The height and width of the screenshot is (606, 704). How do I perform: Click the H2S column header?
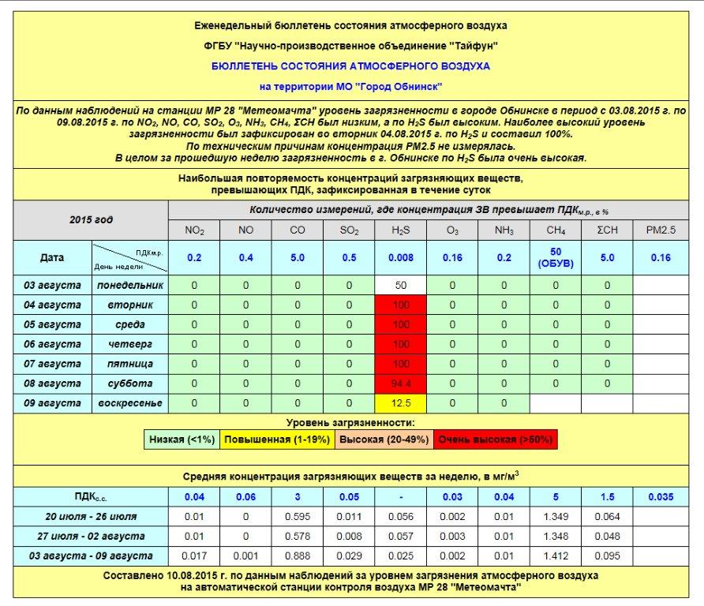[401, 230]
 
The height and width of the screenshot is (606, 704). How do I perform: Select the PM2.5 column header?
[660, 230]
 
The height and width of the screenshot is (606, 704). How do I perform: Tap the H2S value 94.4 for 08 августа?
[401, 383]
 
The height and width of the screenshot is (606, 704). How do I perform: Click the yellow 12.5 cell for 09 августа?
[401, 403]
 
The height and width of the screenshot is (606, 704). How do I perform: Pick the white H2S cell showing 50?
[401, 285]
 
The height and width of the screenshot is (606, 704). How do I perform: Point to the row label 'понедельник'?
[129, 285]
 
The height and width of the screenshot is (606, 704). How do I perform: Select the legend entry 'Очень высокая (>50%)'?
[495, 440]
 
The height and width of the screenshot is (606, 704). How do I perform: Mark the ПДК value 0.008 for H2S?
[401, 257]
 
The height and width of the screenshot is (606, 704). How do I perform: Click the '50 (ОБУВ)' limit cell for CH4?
[556, 257]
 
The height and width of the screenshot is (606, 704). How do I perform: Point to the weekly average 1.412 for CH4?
[556, 555]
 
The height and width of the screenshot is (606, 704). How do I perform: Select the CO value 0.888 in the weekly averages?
[298, 555]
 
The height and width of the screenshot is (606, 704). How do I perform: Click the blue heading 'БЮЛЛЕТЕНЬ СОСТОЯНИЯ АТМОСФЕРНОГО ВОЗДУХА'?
[350, 66]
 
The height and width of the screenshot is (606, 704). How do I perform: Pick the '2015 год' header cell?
[91, 219]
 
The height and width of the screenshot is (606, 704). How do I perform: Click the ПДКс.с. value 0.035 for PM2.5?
[660, 496]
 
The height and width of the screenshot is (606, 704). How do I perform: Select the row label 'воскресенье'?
[129, 403]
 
